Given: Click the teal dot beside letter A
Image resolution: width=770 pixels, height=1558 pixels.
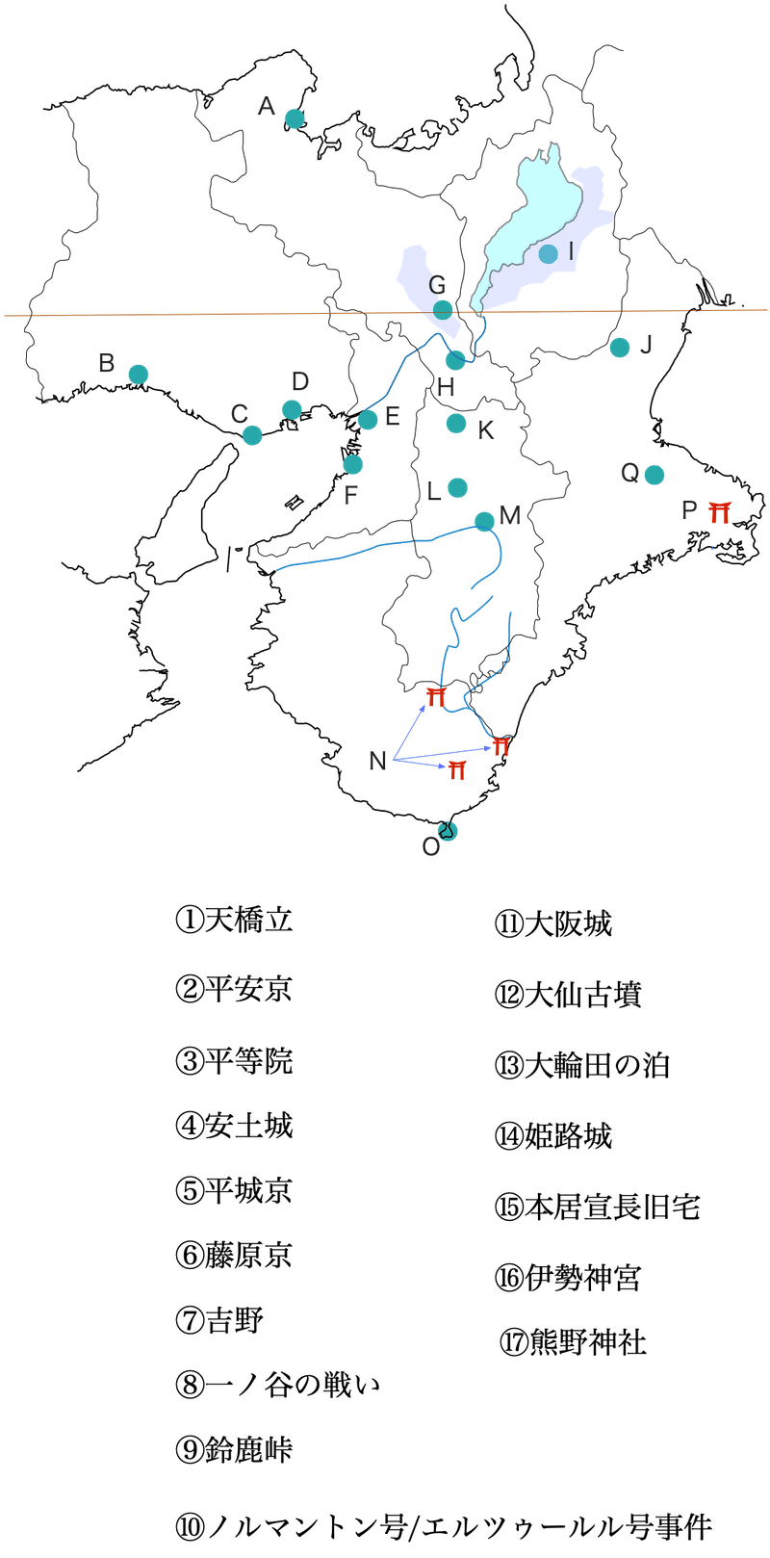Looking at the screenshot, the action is pyautogui.click(x=295, y=119).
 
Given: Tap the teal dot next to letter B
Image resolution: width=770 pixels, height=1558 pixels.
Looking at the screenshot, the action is pyautogui.click(x=139, y=374).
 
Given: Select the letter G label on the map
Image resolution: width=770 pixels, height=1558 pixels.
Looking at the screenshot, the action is pyautogui.click(x=437, y=285).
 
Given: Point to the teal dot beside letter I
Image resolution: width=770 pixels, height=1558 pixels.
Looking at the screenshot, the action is pyautogui.click(x=548, y=254).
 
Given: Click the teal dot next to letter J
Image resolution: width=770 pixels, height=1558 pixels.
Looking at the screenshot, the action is pyautogui.click(x=620, y=347).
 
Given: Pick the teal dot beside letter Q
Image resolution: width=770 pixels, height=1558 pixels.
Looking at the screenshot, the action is pyautogui.click(x=654, y=475).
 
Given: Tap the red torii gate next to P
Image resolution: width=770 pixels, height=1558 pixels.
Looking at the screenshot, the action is pyautogui.click(x=718, y=510).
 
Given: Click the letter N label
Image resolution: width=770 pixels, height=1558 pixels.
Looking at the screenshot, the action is pyautogui.click(x=377, y=761).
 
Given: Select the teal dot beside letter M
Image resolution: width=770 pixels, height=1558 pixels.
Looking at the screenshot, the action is pyautogui.click(x=484, y=520).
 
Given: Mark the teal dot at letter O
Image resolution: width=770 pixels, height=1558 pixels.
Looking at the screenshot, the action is pyautogui.click(x=447, y=829).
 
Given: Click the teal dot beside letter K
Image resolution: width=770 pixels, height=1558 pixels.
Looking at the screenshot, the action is pyautogui.click(x=456, y=423).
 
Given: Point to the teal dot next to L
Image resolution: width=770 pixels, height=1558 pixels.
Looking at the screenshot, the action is pyautogui.click(x=458, y=487).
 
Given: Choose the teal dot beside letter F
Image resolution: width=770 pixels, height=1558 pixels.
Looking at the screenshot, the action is pyautogui.click(x=353, y=465).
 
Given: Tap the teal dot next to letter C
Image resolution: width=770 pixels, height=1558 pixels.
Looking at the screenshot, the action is pyautogui.click(x=252, y=434).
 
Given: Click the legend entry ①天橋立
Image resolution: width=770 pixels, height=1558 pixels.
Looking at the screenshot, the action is pyautogui.click(x=234, y=920).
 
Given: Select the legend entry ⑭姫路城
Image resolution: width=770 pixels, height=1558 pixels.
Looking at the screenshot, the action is pyautogui.click(x=553, y=1136).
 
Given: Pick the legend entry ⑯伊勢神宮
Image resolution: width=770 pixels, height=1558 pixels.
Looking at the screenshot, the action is pyautogui.click(x=568, y=1278).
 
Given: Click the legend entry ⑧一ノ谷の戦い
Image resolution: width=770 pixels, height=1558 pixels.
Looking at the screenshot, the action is pyautogui.click(x=277, y=1385).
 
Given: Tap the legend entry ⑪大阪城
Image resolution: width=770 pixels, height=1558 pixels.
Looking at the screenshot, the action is pyautogui.click(x=553, y=924).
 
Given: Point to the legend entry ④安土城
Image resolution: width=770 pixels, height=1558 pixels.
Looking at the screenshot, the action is pyautogui.click(x=234, y=1125).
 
